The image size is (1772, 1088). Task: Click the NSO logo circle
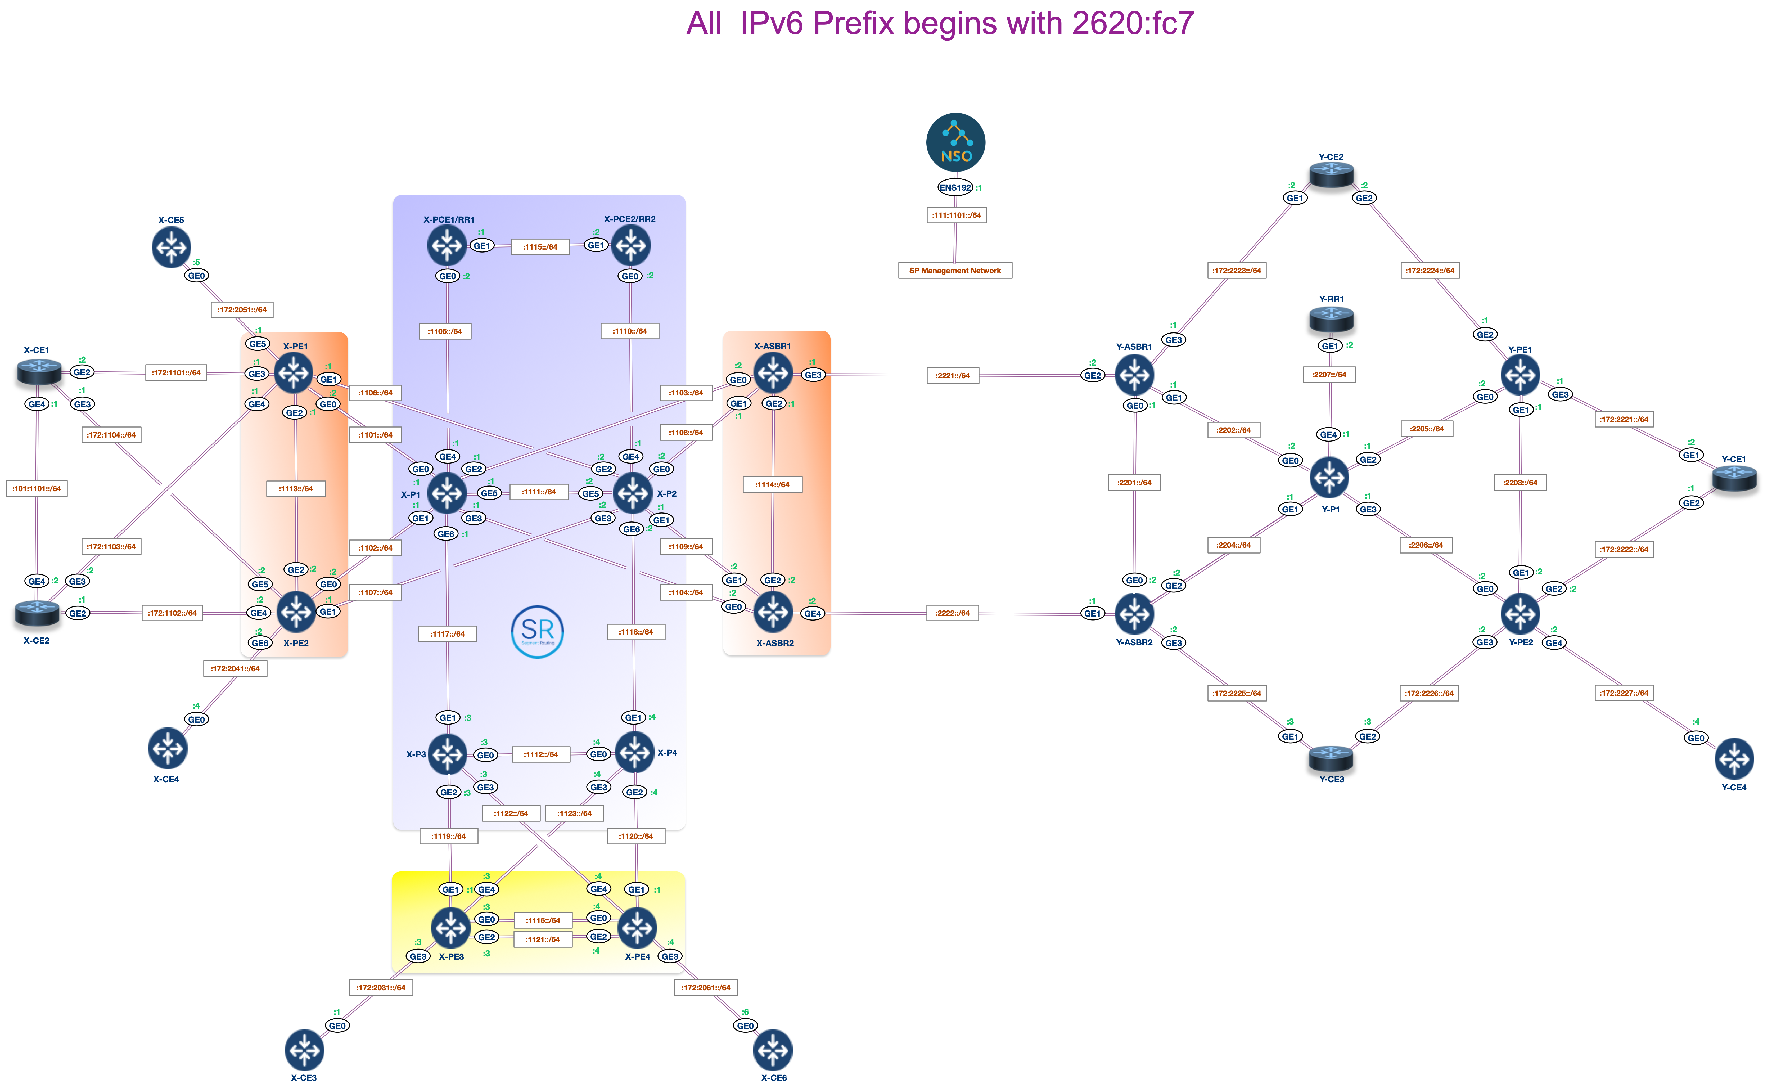[x=955, y=142]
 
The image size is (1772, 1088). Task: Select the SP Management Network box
[x=955, y=271]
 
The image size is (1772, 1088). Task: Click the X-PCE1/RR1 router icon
[x=447, y=245]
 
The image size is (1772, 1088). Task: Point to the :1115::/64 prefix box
[x=540, y=247]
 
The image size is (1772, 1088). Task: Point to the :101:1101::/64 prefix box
[x=37, y=489]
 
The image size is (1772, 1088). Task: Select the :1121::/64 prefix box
[x=543, y=939]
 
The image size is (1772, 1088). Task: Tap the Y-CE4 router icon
[x=1734, y=758]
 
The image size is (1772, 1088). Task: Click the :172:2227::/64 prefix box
[x=1624, y=693]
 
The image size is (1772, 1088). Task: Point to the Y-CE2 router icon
[x=1331, y=175]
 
